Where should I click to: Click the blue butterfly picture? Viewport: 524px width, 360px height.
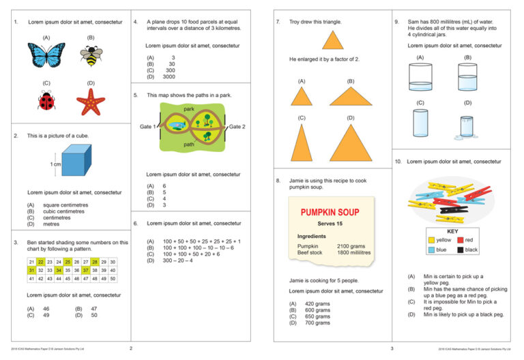(x=46, y=55)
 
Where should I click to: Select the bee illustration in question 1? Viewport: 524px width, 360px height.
(x=91, y=55)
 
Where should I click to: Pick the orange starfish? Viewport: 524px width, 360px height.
(x=91, y=102)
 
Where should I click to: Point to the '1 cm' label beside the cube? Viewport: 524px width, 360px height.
(x=56, y=165)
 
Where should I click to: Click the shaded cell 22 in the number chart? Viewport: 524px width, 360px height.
(x=41, y=262)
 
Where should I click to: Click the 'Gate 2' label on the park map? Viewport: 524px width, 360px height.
(x=237, y=127)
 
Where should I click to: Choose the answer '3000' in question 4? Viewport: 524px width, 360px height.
(x=169, y=77)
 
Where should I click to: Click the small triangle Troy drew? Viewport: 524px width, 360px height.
(x=333, y=41)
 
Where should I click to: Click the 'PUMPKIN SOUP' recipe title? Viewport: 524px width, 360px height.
(x=331, y=212)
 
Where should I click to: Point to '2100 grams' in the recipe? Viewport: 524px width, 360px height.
(x=351, y=245)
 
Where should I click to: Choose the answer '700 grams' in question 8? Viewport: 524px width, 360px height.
(x=317, y=322)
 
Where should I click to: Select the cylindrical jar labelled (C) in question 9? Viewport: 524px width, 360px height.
(x=421, y=123)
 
